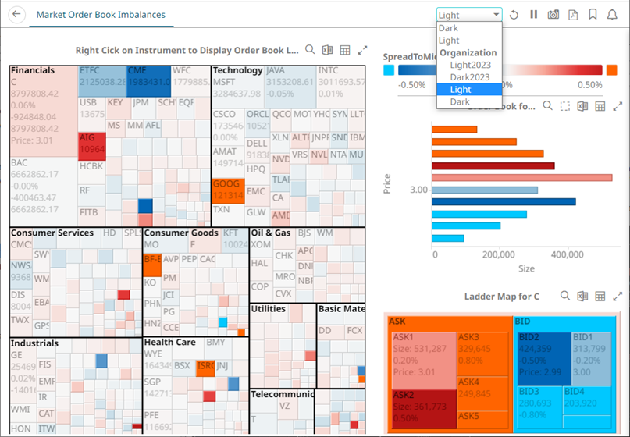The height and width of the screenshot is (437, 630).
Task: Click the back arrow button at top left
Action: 16,15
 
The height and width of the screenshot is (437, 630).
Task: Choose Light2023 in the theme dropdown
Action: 470,65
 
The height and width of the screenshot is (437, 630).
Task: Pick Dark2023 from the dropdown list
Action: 470,77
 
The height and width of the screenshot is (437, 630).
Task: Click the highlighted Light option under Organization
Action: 461,90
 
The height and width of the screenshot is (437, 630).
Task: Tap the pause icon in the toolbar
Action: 534,15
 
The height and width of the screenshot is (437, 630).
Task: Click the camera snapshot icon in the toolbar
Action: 553,15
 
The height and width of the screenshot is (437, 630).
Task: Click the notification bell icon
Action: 613,15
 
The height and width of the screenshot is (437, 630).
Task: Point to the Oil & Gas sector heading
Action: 271,233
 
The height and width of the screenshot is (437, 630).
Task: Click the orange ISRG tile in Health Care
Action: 205,365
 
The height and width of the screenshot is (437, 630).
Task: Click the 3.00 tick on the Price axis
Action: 418,190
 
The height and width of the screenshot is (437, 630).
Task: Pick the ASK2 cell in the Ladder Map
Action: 422,405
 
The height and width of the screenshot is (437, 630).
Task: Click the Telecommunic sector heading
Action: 282,394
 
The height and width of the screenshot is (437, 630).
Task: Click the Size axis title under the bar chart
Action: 526,268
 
